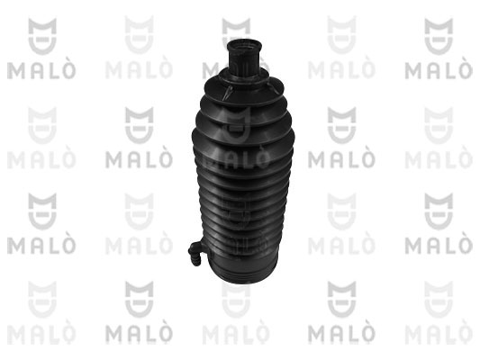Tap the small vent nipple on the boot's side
click(x=196, y=252)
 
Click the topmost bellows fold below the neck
click(x=244, y=84)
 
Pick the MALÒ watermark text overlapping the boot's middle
click(x=236, y=158)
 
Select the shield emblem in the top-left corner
click(x=42, y=36)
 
